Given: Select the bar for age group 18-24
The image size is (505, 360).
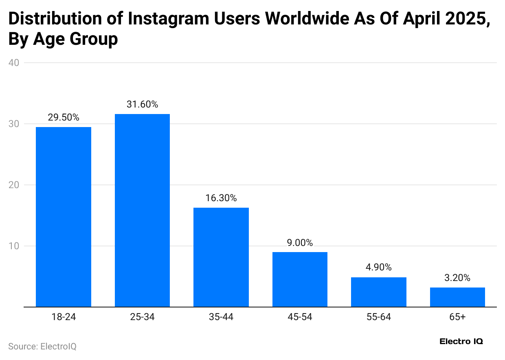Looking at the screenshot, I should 64,217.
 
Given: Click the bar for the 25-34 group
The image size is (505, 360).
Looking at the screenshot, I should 142,210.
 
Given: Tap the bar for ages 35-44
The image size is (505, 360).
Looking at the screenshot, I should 221,257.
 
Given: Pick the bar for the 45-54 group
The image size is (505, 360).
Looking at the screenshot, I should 300,279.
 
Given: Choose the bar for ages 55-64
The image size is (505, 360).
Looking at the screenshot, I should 378,292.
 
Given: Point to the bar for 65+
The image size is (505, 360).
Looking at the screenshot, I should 457,297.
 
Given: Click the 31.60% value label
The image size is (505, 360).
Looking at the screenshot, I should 142,105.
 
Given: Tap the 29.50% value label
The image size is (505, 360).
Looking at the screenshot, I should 64,118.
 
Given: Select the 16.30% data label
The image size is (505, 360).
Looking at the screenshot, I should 221,198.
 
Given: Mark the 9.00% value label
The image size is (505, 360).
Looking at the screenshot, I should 300,243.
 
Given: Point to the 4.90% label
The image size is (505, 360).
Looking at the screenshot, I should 378,268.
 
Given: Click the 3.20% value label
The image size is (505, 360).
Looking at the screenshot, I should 457,278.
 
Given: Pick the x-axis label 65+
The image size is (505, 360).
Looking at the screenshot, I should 457,317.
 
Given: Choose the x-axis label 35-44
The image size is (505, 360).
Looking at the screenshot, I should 221,317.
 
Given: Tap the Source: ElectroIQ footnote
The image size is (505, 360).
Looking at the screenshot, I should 42,347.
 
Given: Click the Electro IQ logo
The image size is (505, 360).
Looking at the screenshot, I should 461,342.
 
